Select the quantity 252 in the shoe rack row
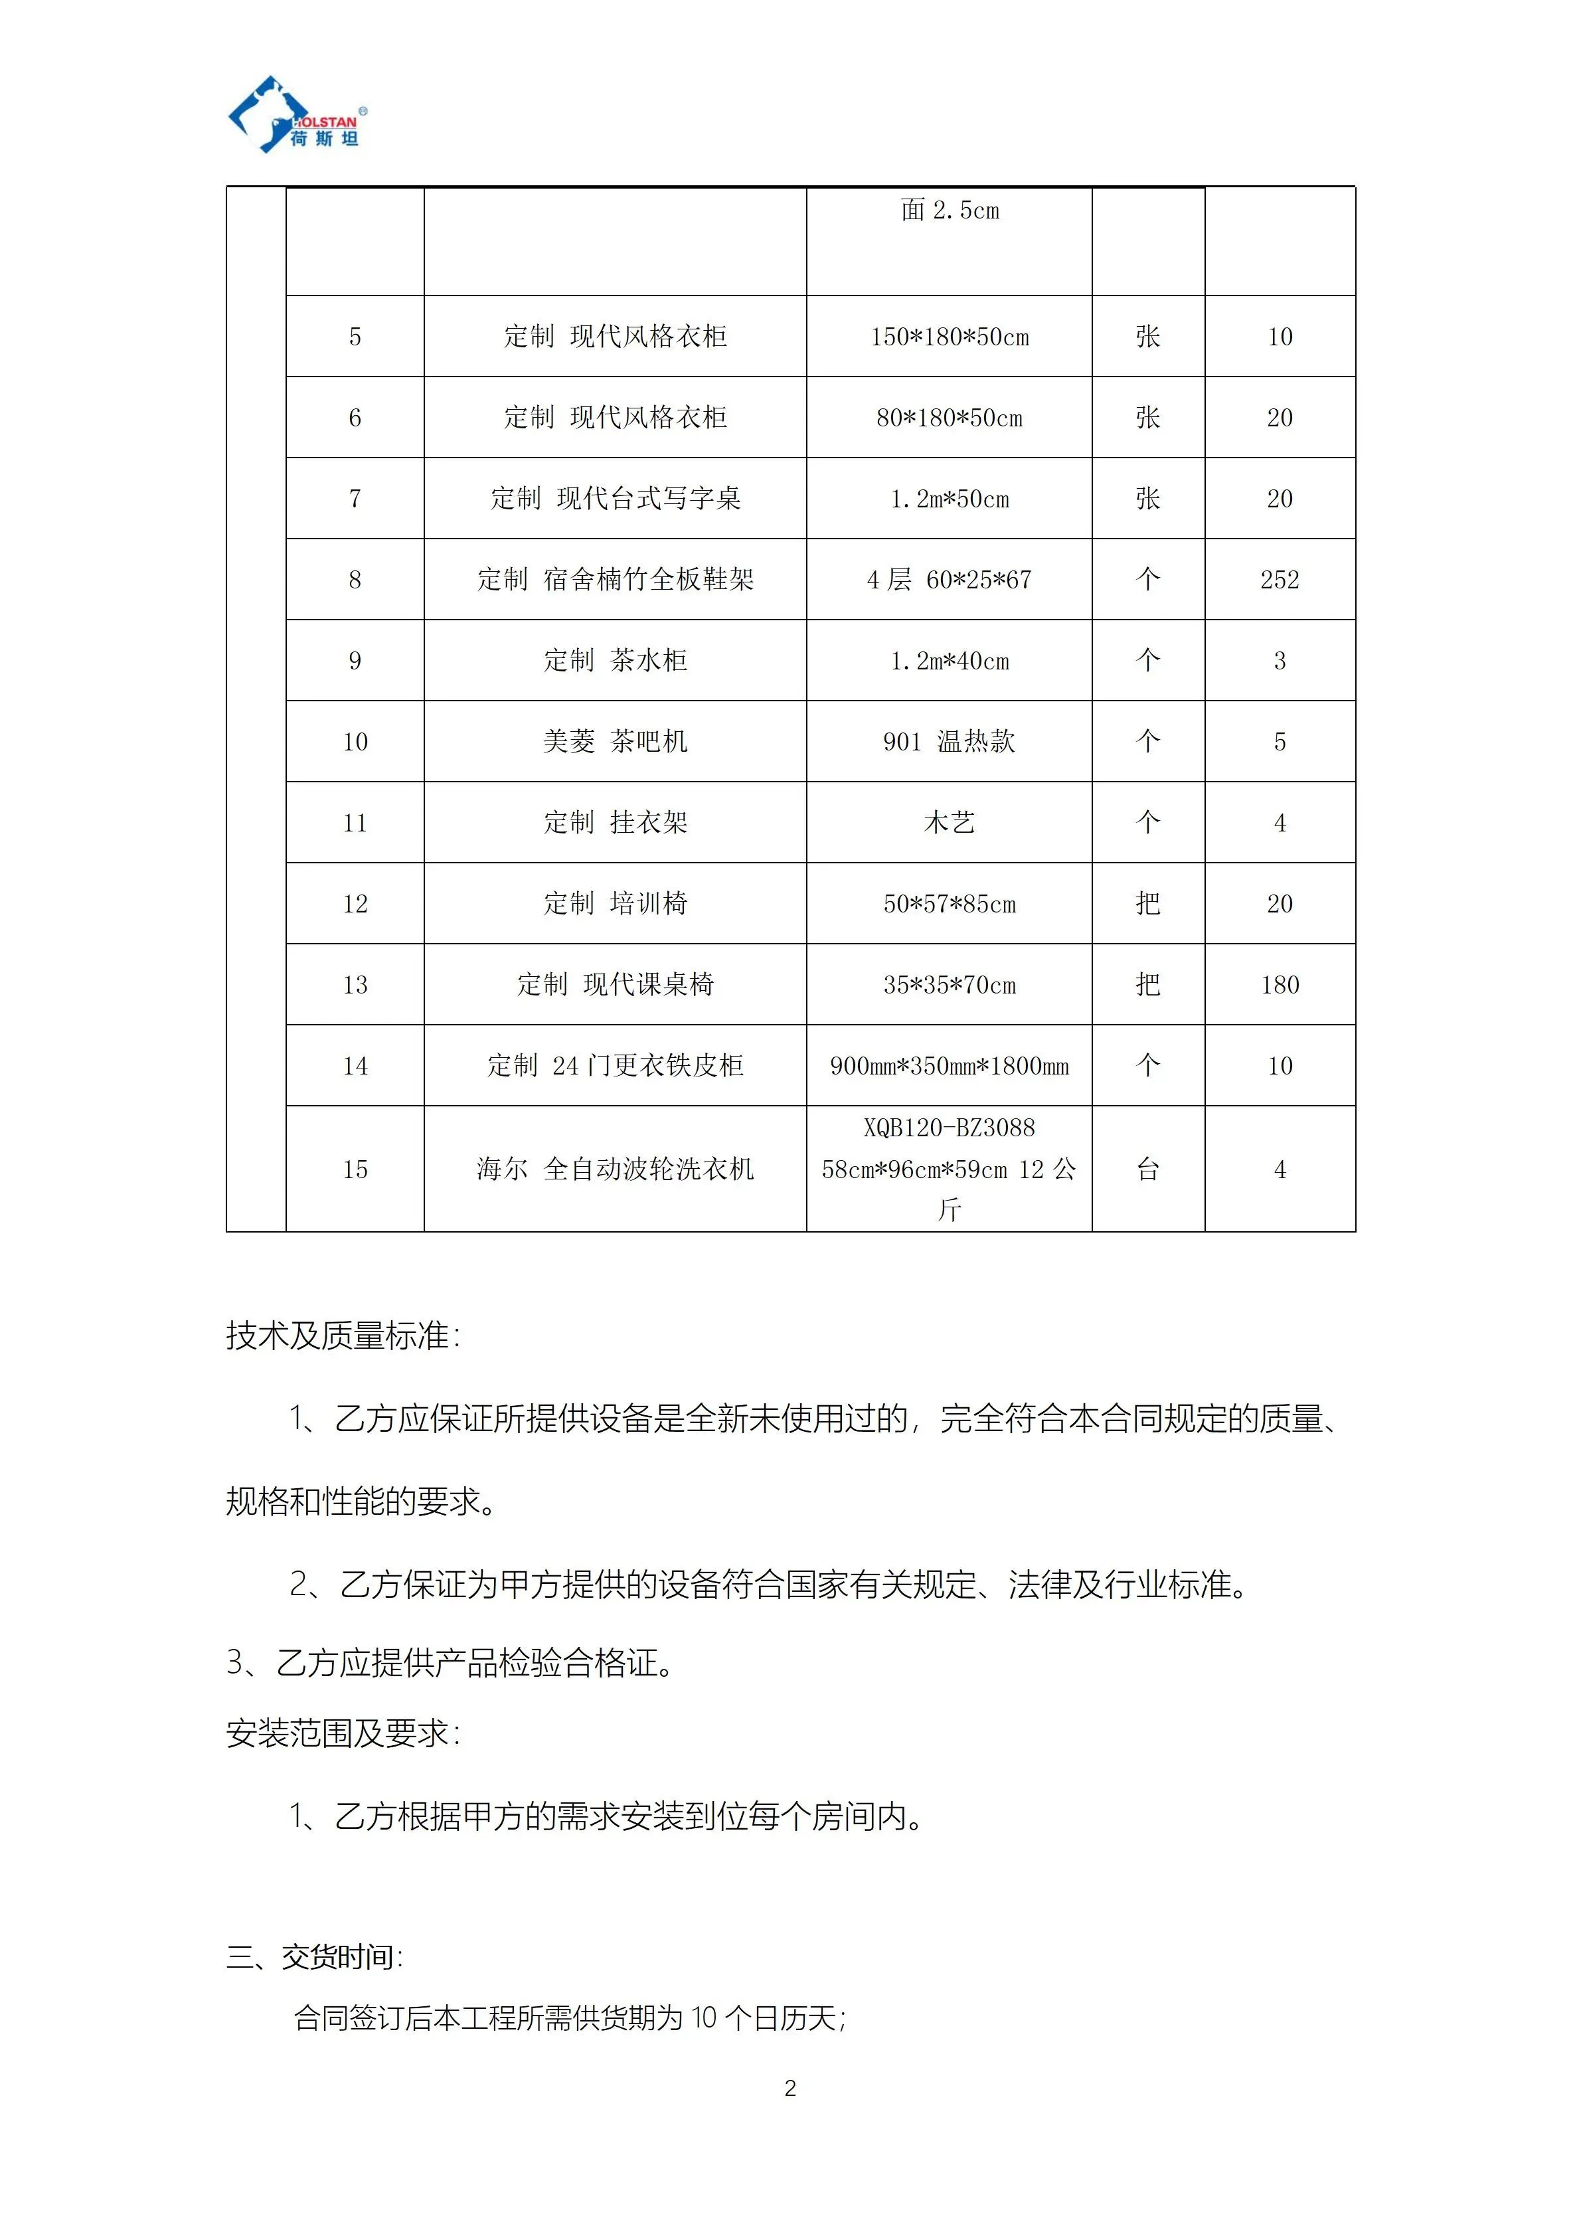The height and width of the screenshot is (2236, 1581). [x=1279, y=580]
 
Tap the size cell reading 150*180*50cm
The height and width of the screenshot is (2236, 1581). [x=949, y=337]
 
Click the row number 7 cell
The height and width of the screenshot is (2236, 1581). [x=355, y=499]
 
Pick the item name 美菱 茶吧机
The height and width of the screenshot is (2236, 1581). [x=616, y=741]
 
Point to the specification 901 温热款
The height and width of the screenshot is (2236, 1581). [x=949, y=741]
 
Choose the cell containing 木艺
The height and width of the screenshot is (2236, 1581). [x=949, y=823]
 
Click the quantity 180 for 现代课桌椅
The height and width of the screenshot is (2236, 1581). [x=1279, y=985]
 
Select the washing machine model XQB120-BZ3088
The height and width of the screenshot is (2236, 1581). [x=949, y=1128]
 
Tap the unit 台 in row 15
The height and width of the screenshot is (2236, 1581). [x=1148, y=1169]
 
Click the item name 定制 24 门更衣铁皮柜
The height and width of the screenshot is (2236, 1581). [x=616, y=1065]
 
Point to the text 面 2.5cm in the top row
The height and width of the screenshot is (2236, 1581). [x=949, y=211]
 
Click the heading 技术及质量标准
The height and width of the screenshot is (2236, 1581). [x=343, y=1335]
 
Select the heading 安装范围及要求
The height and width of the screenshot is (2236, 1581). [x=343, y=1733]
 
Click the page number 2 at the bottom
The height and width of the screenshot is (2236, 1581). [x=790, y=2088]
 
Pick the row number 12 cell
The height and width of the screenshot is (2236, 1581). [x=355, y=904]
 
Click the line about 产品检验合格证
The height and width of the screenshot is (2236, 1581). [x=450, y=1662]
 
